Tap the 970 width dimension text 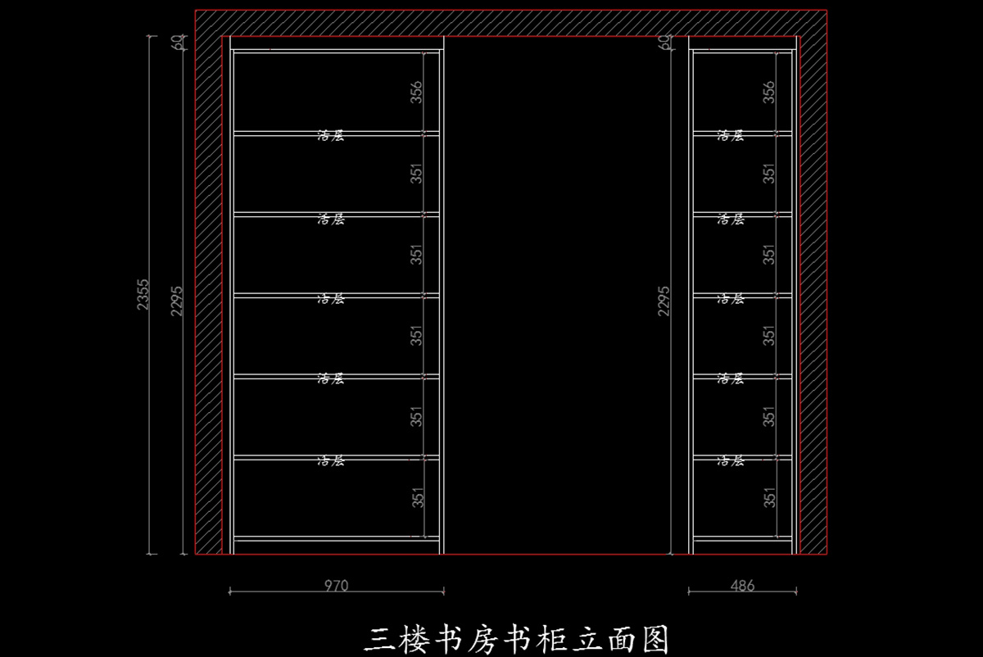click(x=336, y=586)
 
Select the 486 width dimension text click(x=742, y=586)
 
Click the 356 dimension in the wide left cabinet click(x=417, y=91)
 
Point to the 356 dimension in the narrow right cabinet click(x=769, y=91)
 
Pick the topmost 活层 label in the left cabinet click(x=331, y=135)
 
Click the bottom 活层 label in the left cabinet click(x=331, y=461)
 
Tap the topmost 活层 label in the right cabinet click(x=731, y=135)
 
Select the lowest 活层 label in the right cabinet click(x=731, y=461)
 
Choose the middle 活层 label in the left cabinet click(x=331, y=299)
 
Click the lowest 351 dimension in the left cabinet click(x=417, y=497)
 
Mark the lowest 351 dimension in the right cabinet click(x=769, y=497)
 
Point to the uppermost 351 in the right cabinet click(x=769, y=173)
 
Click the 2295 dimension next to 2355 click(x=176, y=301)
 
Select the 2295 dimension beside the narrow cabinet click(x=664, y=301)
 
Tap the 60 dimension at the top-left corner click(x=176, y=42)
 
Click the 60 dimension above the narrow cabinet click(x=664, y=42)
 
